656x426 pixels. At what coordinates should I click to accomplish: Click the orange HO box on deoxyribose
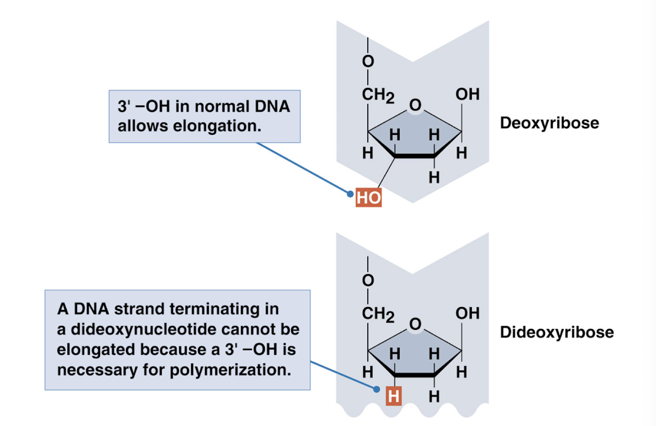[x=369, y=198]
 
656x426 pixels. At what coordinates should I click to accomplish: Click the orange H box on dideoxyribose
[x=394, y=397]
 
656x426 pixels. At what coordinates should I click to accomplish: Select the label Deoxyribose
[x=549, y=123]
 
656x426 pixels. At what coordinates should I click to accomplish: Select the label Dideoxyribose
[x=556, y=332]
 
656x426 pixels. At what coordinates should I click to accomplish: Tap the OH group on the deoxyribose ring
[x=467, y=94]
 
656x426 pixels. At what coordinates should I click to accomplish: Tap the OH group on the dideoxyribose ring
[x=467, y=313]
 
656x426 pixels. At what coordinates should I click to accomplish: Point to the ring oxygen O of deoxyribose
[x=415, y=105]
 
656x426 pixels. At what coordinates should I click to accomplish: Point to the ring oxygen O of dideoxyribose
[x=415, y=324]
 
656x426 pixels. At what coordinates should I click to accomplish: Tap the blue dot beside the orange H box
[x=378, y=390]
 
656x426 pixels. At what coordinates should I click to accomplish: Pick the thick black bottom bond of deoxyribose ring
[x=415, y=156]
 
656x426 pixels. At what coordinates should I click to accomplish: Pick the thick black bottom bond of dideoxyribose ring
[x=415, y=375]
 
